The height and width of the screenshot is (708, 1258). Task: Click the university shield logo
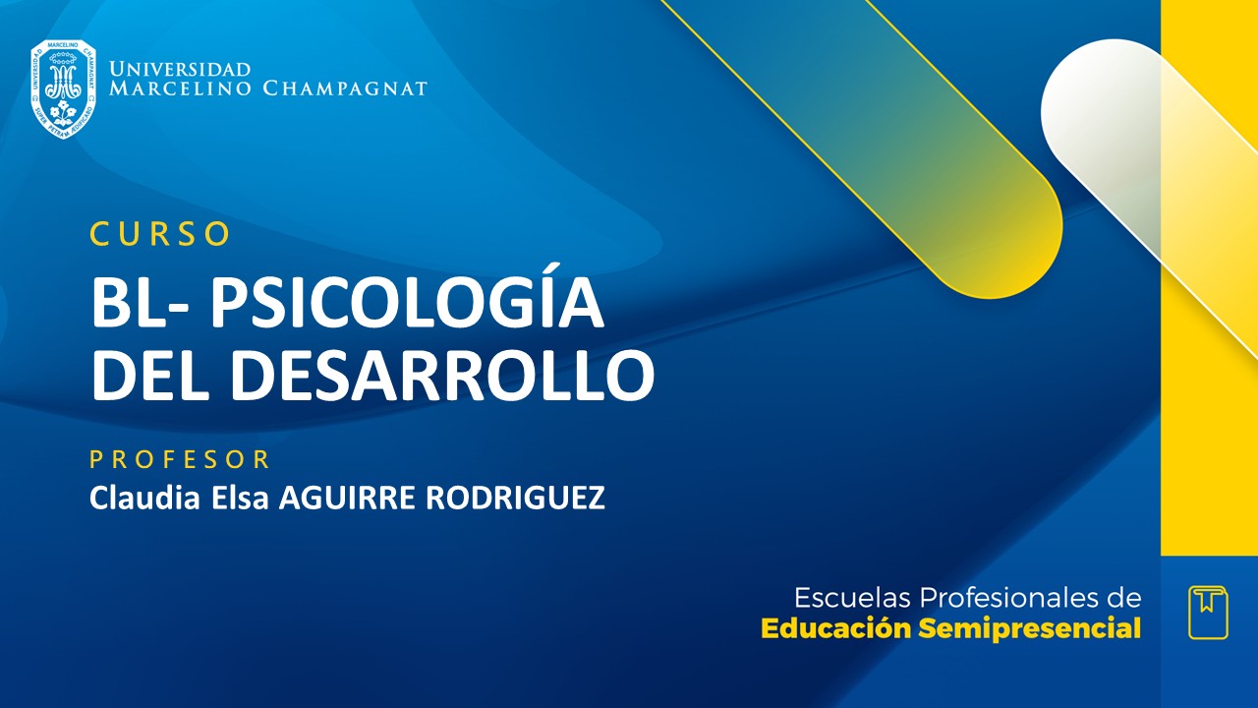(63, 88)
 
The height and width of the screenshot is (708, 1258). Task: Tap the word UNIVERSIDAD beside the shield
(181, 70)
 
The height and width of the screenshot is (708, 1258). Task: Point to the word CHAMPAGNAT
(345, 89)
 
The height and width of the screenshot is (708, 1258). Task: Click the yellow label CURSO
(160, 234)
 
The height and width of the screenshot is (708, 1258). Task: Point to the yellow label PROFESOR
(180, 459)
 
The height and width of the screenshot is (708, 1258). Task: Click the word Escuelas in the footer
(851, 598)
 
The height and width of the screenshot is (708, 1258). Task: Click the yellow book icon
(1208, 612)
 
